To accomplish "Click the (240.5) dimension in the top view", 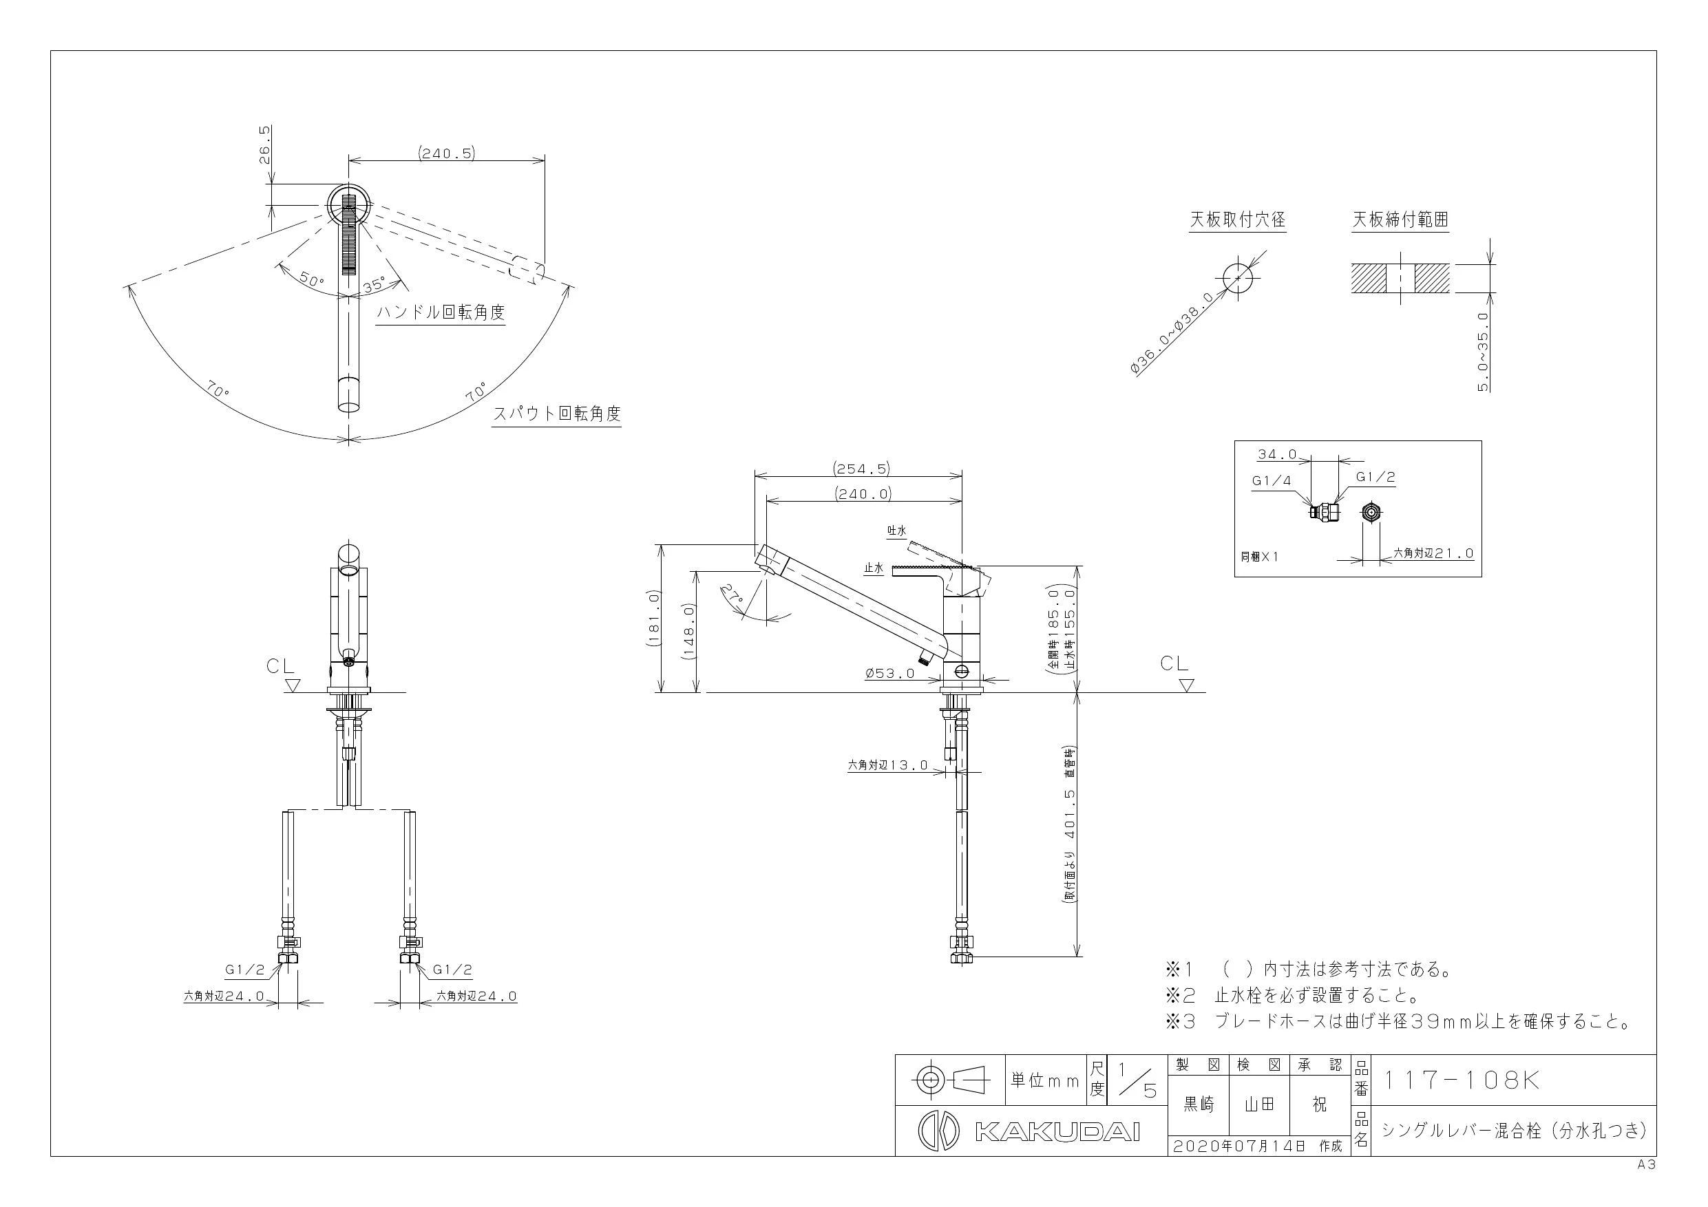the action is [x=445, y=153].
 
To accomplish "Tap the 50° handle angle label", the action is [x=313, y=280].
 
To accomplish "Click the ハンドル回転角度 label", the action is [x=441, y=312].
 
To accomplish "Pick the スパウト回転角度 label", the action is [x=557, y=414].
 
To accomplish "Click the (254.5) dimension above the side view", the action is [x=861, y=469].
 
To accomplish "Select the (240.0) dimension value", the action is [x=863, y=493].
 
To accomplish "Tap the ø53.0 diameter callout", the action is [x=889, y=674].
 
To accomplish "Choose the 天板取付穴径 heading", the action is [x=1238, y=220].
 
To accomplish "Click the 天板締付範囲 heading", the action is [x=1400, y=220].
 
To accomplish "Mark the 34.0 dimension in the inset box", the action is [x=1277, y=453].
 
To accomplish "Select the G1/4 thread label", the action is [x=1272, y=480].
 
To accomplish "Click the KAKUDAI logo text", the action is [x=1057, y=1132].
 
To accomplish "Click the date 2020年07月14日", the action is [x=1239, y=1146].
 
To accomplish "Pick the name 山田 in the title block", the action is [x=1259, y=1105].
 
